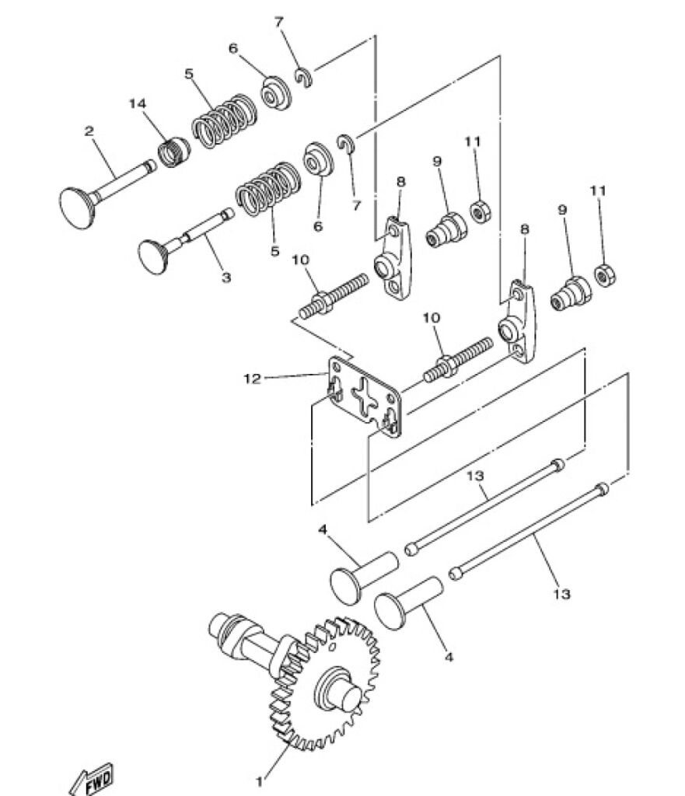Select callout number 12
tap(252, 379)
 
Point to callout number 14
tap(137, 103)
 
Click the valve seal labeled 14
tap(173, 152)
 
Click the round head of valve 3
tap(153, 257)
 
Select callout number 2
tap(89, 131)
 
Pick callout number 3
tap(226, 278)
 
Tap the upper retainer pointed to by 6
tap(276, 93)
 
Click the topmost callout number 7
tap(279, 22)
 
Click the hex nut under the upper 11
tap(480, 211)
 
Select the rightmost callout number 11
tap(598, 191)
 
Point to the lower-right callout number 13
tap(561, 593)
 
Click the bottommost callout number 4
tap(449, 657)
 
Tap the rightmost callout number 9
tap(562, 210)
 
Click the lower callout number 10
tap(432, 318)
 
